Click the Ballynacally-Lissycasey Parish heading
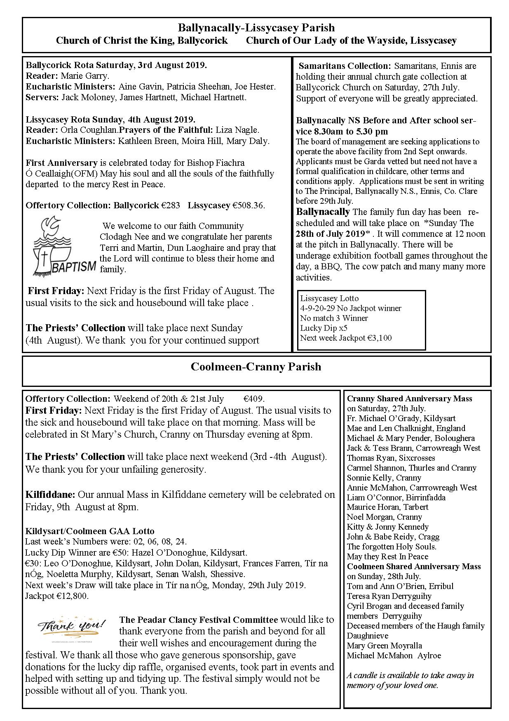click(x=256, y=28)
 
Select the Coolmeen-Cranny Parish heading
click(x=256, y=367)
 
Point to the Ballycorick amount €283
click(x=171, y=205)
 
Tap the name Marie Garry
click(x=85, y=76)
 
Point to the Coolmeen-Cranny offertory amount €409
click(x=253, y=399)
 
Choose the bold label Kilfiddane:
click(x=50, y=494)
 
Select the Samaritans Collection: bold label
click(x=345, y=66)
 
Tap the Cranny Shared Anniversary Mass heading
click(x=409, y=399)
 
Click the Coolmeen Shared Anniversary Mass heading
click(x=414, y=566)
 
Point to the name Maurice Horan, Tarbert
click(x=387, y=507)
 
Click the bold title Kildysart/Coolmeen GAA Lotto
click(x=90, y=531)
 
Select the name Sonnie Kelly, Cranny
click(x=384, y=478)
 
